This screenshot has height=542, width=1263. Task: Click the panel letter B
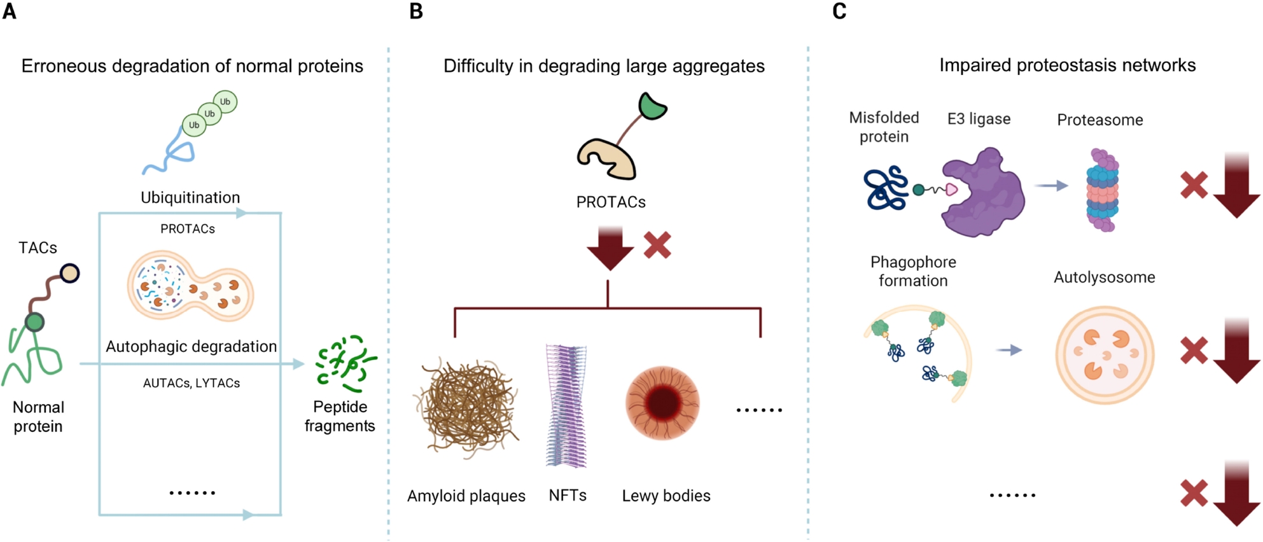pyautogui.click(x=416, y=11)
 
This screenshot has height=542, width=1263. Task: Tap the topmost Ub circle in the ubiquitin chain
pyautogui.click(x=225, y=102)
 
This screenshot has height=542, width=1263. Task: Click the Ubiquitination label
pyautogui.click(x=190, y=198)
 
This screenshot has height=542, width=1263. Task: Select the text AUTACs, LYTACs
pyautogui.click(x=192, y=383)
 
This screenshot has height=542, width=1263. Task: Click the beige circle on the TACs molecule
pyautogui.click(x=69, y=274)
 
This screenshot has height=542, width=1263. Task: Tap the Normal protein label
pyautogui.click(x=38, y=417)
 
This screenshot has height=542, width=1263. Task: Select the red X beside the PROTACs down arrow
pyautogui.click(x=657, y=245)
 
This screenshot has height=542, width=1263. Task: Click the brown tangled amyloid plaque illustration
pyautogui.click(x=468, y=407)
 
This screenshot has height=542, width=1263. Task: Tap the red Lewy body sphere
pyautogui.click(x=663, y=403)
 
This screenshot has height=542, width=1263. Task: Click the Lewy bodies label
pyautogui.click(x=666, y=496)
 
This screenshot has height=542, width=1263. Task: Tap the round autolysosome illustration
pyautogui.click(x=1105, y=354)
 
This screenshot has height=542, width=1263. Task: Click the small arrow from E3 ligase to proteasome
pyautogui.click(x=1051, y=186)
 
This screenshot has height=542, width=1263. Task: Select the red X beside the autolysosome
pyautogui.click(x=1194, y=351)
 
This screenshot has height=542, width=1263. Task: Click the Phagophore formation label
pyautogui.click(x=913, y=271)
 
